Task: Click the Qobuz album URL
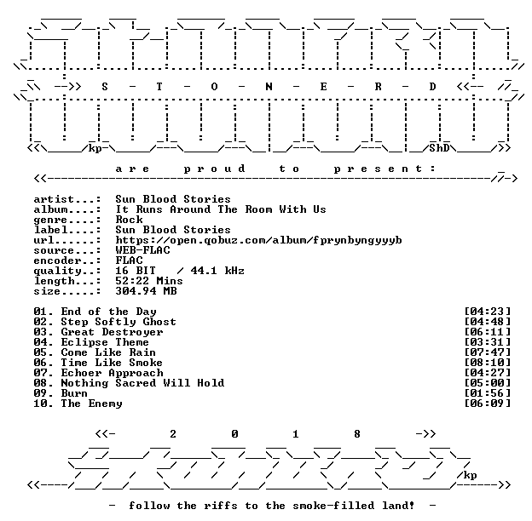pyautogui.click(x=258, y=241)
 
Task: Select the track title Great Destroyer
pyautogui.click(x=112, y=332)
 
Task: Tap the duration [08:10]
pyautogui.click(x=487, y=363)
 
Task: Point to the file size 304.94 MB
pyautogui.click(x=146, y=291)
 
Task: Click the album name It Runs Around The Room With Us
pyautogui.click(x=221, y=209)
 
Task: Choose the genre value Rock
pyautogui.click(x=129, y=220)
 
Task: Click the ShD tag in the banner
pyautogui.click(x=439, y=148)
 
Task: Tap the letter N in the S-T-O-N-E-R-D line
pyautogui.click(x=269, y=87)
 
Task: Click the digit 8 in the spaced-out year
pyautogui.click(x=357, y=434)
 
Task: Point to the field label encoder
pyautogui.click(x=57, y=260)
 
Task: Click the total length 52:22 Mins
pyautogui.click(x=149, y=281)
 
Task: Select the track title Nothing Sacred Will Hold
pyautogui.click(x=142, y=383)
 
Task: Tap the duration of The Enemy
pyautogui.click(x=487, y=404)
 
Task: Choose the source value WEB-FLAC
pyautogui.click(x=142, y=250)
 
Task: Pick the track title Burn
pyautogui.click(x=74, y=393)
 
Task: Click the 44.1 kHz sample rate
pyautogui.click(x=217, y=271)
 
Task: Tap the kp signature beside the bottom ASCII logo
pyautogui.click(x=470, y=475)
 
